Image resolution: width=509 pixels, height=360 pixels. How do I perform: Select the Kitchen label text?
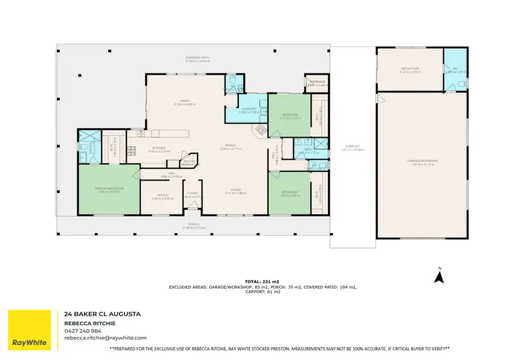[159, 148]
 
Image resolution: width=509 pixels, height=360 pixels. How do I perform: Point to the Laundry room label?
[246, 109]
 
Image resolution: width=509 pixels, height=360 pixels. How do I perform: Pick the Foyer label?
[192, 193]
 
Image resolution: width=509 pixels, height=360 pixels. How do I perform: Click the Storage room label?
[317, 82]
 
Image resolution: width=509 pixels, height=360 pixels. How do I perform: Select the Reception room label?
[410, 68]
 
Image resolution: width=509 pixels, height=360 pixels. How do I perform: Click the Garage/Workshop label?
[421, 160]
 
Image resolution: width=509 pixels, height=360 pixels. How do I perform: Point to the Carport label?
[352, 145]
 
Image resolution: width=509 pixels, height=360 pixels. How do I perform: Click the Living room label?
[235, 190]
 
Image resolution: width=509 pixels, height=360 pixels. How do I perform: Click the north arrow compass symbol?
[439, 275]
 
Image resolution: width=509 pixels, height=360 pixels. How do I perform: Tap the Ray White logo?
[29, 331]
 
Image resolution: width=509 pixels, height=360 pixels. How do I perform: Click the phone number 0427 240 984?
[83, 331]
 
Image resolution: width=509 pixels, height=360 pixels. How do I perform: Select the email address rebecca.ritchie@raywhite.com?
[106, 338]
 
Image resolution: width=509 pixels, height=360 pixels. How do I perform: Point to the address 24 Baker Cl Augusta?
[102, 314]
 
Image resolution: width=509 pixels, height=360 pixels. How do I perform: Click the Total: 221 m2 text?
[263, 281]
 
